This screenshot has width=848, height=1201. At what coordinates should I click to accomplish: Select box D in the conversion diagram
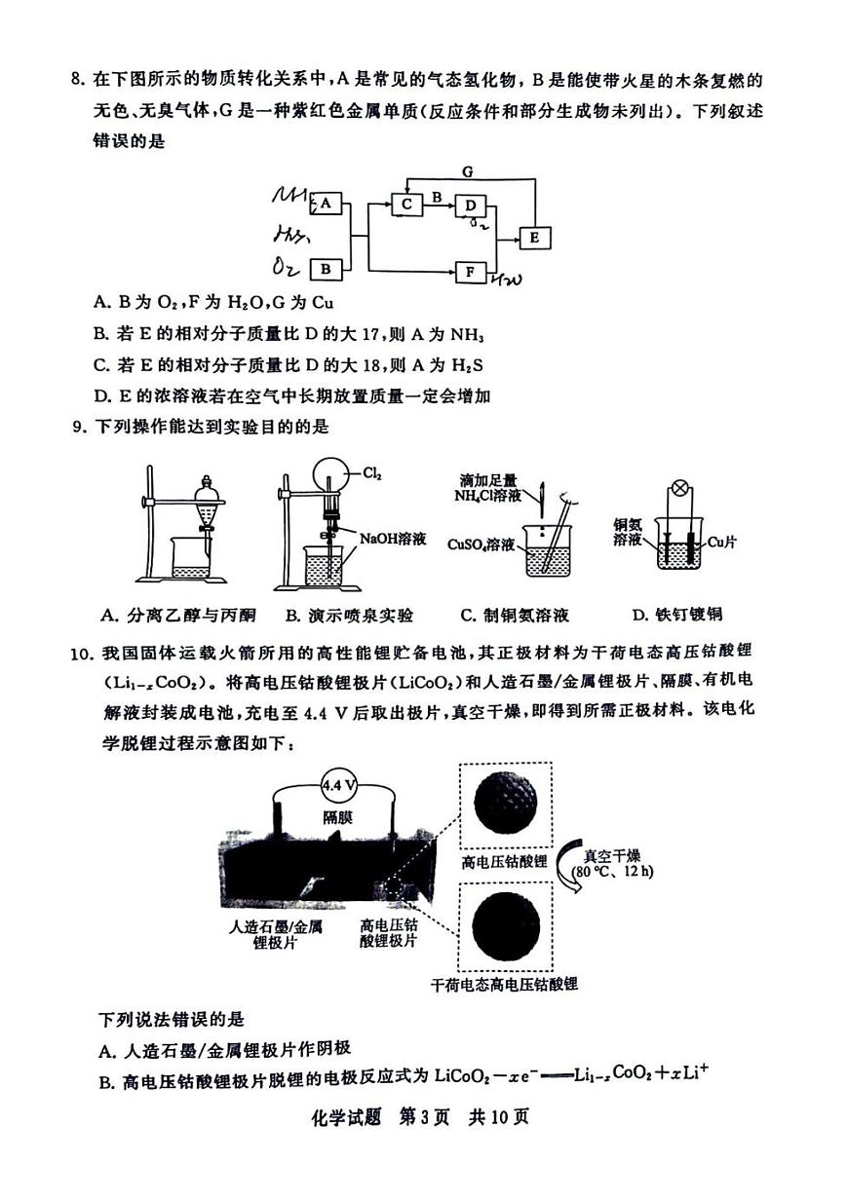point(471,206)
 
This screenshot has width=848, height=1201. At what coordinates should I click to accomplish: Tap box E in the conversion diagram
point(535,238)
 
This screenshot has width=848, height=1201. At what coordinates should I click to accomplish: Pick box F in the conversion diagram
point(471,271)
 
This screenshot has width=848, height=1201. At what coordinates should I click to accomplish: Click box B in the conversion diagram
point(326,269)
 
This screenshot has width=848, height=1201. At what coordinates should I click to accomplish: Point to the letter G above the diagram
point(468,171)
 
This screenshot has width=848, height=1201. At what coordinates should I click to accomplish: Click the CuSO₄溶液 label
point(481,544)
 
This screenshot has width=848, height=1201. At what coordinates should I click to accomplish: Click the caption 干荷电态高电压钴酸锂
point(504,984)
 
